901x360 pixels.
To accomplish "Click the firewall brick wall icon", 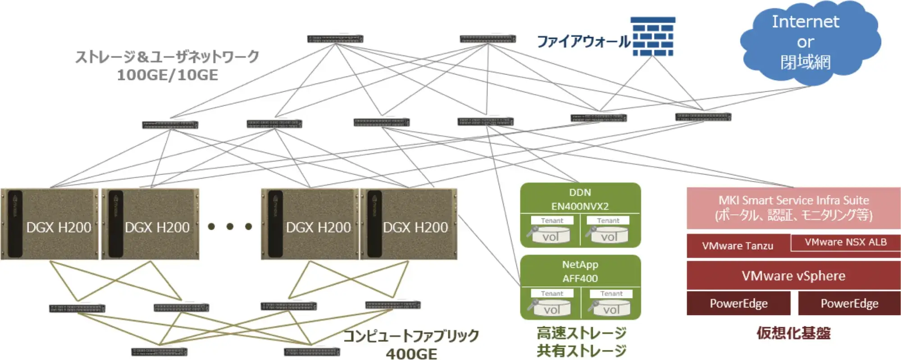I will (653, 36).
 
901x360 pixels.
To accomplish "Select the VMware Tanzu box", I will (737, 246).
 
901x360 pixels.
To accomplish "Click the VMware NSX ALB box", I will (846, 242).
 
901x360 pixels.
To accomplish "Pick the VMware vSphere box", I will (793, 276).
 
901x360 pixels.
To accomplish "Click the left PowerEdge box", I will (738, 303).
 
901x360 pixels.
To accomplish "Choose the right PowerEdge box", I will (849, 303).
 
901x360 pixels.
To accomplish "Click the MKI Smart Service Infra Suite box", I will (793, 208).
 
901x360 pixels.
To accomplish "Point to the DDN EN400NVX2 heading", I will (580, 199).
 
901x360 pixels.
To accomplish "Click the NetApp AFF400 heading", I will (580, 271).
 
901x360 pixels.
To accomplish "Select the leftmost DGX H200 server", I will (50, 224).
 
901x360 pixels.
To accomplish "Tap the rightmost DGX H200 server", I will (408, 224).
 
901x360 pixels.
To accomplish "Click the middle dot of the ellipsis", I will (230, 226).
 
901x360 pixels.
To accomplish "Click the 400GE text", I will (411, 354).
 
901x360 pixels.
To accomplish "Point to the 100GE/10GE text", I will (168, 75).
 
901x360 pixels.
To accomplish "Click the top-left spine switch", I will (335, 39).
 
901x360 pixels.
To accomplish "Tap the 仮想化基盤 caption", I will (793, 333).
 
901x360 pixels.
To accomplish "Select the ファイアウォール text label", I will (584, 41).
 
